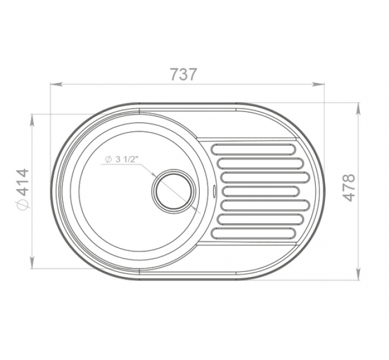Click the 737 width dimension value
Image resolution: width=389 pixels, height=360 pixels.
184,74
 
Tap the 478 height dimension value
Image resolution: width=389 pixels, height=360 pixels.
348,187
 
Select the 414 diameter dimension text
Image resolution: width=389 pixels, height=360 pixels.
22,183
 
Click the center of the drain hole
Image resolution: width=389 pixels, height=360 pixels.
173,191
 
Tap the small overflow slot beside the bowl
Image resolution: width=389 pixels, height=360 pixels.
214,191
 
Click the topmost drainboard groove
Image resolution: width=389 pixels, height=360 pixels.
253,149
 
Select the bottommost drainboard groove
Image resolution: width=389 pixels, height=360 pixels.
253,234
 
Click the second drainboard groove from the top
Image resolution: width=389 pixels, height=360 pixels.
260,163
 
